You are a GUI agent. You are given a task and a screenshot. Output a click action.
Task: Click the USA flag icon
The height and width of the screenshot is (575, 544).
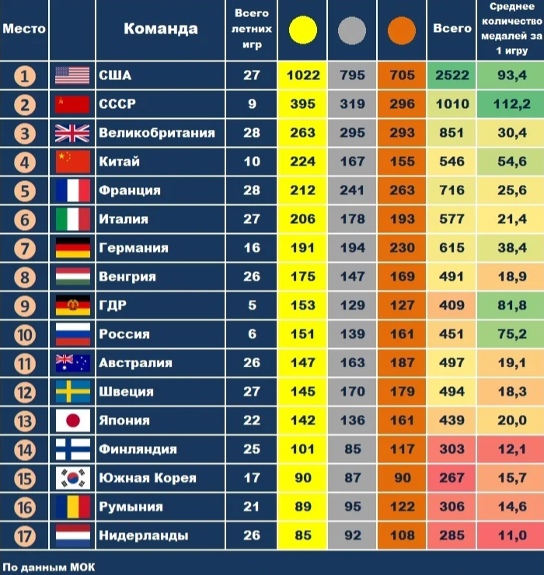(x=73, y=75)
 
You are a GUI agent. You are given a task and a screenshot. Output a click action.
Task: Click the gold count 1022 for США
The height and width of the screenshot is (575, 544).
(x=303, y=75)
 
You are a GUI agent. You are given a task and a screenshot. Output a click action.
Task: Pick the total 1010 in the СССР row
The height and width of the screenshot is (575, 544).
(x=452, y=104)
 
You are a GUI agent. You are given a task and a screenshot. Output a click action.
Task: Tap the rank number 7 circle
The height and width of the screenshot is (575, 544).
(x=25, y=248)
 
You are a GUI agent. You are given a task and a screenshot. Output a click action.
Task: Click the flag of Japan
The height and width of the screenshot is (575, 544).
(x=73, y=420)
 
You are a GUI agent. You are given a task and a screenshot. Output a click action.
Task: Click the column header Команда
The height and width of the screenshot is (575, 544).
(x=160, y=30)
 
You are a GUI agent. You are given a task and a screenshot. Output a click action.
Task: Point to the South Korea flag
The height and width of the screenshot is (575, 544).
(x=73, y=478)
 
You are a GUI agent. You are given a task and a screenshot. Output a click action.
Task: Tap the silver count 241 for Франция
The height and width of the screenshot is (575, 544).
(x=352, y=190)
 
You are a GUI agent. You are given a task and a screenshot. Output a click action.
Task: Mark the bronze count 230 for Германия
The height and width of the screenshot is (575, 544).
(x=402, y=248)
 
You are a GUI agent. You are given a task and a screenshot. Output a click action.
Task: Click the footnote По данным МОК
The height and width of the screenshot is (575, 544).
(x=49, y=566)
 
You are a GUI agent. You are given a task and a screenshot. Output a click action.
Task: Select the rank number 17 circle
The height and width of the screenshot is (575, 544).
(x=25, y=535)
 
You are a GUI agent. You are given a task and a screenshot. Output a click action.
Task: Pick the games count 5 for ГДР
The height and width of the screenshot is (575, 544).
(x=252, y=305)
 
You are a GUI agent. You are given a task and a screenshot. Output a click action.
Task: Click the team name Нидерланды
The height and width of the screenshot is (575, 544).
(x=144, y=535)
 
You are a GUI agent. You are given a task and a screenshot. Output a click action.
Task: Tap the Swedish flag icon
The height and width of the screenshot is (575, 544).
(x=73, y=392)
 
